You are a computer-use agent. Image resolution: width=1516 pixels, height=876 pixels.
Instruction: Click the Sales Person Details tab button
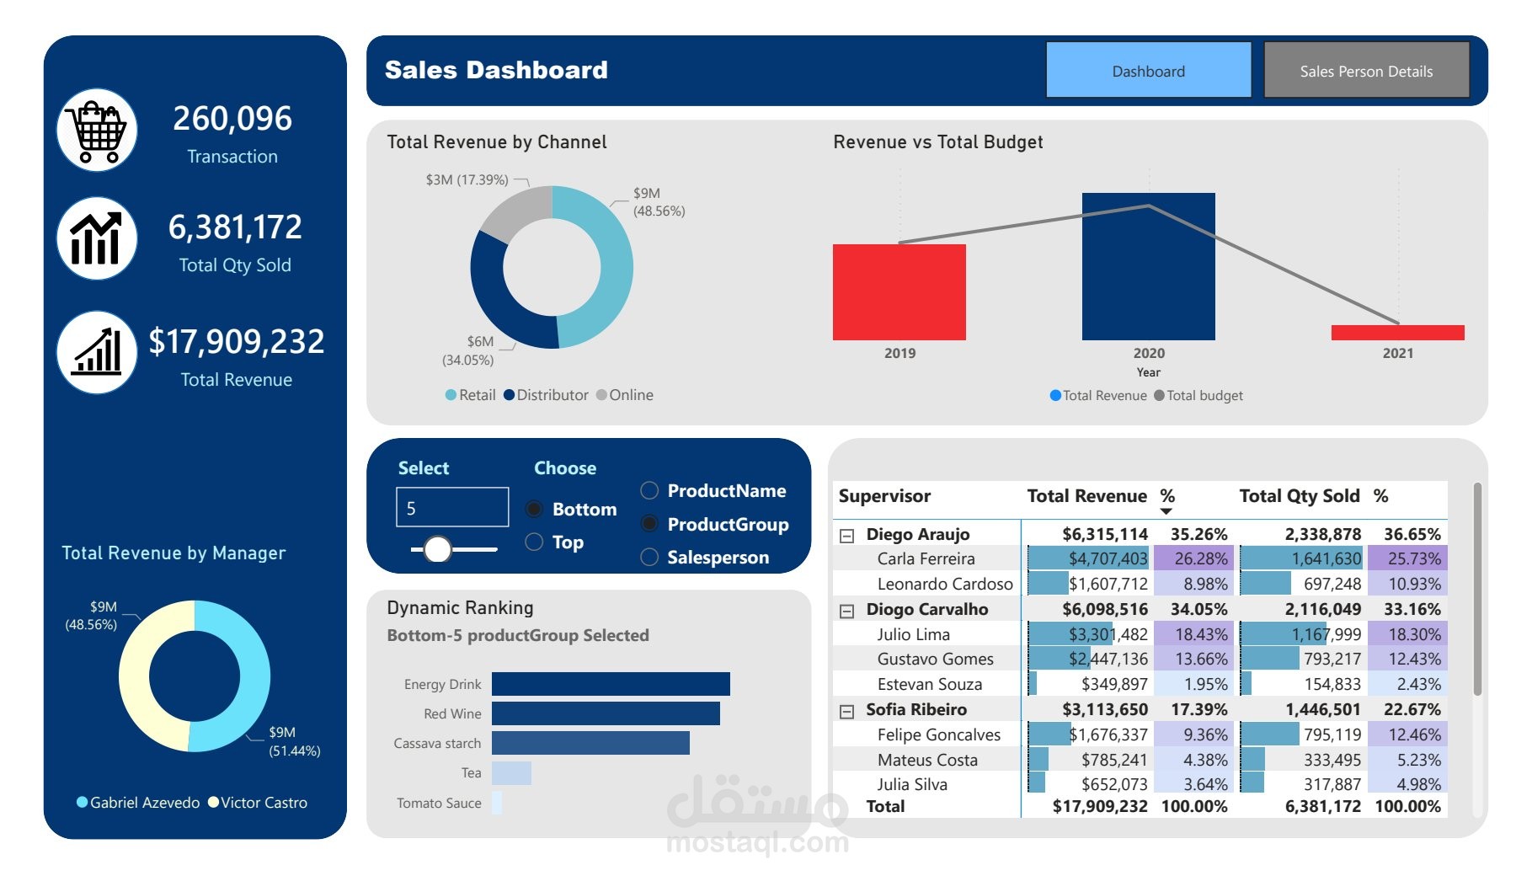(1366, 72)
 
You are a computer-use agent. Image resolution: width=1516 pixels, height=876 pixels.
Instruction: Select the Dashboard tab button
(1148, 72)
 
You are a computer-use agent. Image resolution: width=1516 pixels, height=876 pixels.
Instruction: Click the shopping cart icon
(98, 131)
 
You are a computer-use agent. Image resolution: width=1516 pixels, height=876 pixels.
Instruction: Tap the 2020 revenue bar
(1148, 266)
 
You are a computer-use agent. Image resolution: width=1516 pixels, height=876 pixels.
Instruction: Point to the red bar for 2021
(1397, 333)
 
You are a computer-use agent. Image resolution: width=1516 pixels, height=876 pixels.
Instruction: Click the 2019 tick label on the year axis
(899, 354)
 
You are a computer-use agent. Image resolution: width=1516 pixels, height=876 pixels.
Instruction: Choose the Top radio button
(534, 542)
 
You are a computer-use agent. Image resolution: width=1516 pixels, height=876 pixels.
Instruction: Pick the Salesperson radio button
(649, 557)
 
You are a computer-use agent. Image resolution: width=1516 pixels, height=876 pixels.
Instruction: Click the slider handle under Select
(437, 549)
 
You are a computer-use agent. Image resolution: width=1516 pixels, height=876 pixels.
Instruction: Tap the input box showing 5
(452, 508)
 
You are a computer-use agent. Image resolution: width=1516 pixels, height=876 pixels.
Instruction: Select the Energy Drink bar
(611, 684)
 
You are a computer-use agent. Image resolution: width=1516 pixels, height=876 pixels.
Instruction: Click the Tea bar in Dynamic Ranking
(511, 773)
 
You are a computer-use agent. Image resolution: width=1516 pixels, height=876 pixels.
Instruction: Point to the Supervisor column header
(884, 496)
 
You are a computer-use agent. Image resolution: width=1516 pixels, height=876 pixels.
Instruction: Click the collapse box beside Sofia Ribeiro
(847, 711)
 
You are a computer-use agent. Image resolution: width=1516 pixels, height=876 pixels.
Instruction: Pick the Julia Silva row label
(912, 784)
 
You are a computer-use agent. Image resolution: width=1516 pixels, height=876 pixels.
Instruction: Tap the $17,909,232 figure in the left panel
(237, 341)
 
